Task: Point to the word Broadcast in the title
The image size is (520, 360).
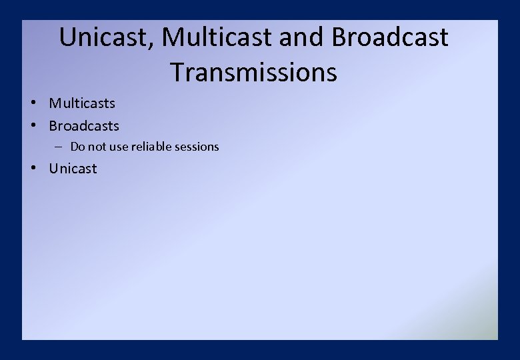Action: pyautogui.click(x=390, y=37)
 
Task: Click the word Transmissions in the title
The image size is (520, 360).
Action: pyautogui.click(x=253, y=72)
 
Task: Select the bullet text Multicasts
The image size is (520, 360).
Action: pyautogui.click(x=82, y=103)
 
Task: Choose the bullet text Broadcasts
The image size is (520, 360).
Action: pyautogui.click(x=84, y=126)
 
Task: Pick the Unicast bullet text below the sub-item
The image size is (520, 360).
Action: pyautogui.click(x=73, y=169)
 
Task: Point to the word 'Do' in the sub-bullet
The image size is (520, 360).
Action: pyautogui.click(x=77, y=147)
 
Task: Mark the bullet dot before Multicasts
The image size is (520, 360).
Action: pyautogui.click(x=33, y=103)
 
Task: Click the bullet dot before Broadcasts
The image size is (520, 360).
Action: pyautogui.click(x=33, y=126)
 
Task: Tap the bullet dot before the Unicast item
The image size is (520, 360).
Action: pyautogui.click(x=33, y=169)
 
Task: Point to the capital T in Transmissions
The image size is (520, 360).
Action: pyautogui.click(x=177, y=72)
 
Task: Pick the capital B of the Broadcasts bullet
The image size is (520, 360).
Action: pyautogui.click(x=53, y=126)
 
